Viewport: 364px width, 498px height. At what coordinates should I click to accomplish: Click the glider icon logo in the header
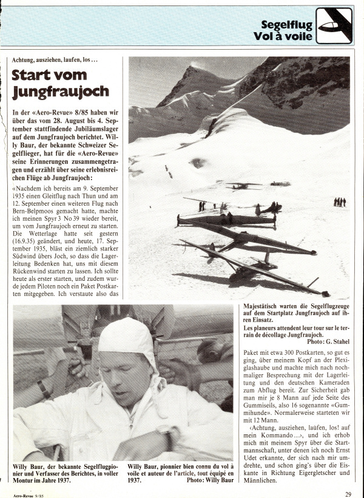point(334,25)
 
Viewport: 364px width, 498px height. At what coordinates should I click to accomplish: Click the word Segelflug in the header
point(287,25)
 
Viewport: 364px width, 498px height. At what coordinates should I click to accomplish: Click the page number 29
point(348,494)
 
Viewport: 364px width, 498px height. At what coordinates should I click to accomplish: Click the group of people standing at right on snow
point(339,201)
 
